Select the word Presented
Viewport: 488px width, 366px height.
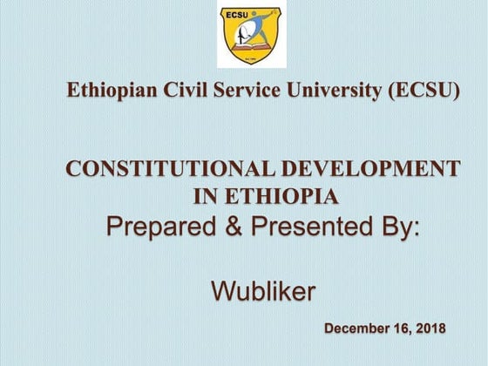click(x=315, y=227)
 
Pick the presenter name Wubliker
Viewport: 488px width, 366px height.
click(x=263, y=291)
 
